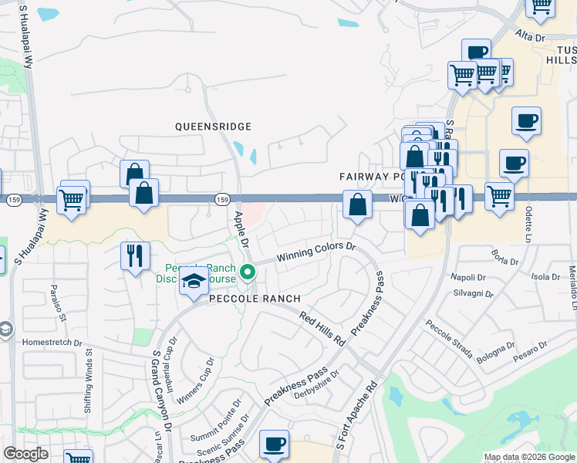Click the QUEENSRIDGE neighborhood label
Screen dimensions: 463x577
tap(214, 126)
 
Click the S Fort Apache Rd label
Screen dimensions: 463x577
tap(356, 417)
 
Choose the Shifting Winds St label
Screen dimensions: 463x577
tap(89, 377)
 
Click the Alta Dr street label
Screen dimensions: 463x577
tap(530, 37)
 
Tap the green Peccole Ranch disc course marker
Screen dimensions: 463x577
tap(248, 272)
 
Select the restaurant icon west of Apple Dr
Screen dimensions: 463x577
tap(135, 254)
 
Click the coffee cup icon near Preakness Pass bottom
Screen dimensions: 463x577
tap(275, 444)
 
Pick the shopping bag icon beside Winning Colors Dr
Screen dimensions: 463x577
tap(357, 205)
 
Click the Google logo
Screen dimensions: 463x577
tap(25, 454)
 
